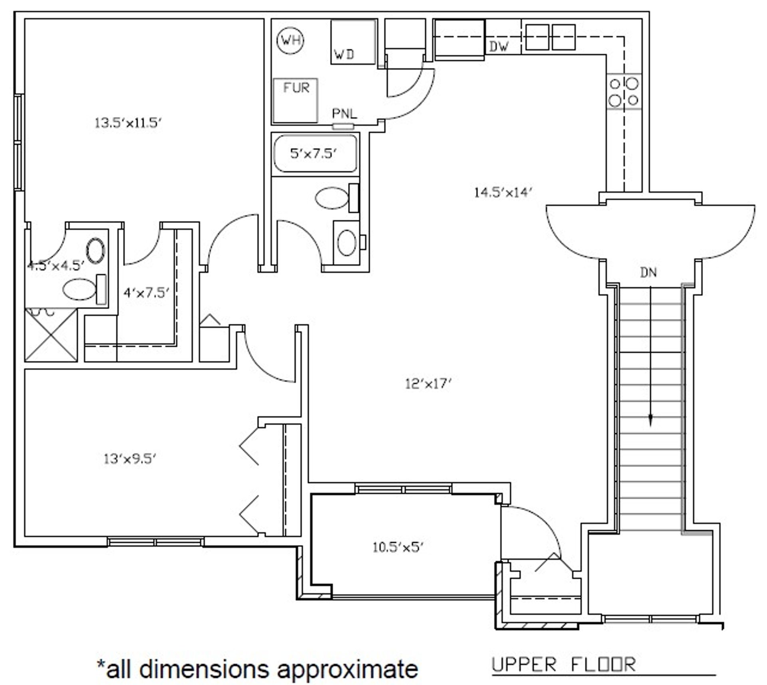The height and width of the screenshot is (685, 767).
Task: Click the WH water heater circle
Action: pyautogui.click(x=290, y=40)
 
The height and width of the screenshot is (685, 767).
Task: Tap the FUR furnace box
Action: pyautogui.click(x=295, y=100)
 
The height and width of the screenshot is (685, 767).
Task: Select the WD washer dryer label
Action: pyautogui.click(x=344, y=54)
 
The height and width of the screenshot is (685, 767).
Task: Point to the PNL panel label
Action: pyautogui.click(x=344, y=114)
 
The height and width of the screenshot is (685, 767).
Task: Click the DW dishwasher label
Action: pyautogui.click(x=499, y=47)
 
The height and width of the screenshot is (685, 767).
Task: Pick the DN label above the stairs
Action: pyautogui.click(x=648, y=273)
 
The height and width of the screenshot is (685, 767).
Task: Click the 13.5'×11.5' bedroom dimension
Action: pyautogui.click(x=128, y=123)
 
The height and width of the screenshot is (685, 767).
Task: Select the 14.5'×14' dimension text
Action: pyautogui.click(x=503, y=193)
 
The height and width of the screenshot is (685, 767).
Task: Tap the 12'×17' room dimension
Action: pyautogui.click(x=428, y=384)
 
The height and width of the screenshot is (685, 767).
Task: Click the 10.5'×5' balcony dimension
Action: pyautogui.click(x=398, y=547)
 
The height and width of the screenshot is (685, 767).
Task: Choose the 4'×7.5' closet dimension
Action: pyautogui.click(x=146, y=293)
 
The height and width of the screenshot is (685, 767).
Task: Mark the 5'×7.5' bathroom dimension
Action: pyautogui.click(x=314, y=153)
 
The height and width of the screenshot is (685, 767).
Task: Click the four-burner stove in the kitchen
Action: pyautogui.click(x=624, y=92)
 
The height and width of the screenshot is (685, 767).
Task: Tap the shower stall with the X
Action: pyautogui.click(x=51, y=335)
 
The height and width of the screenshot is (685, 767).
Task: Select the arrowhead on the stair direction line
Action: pyautogui.click(x=650, y=418)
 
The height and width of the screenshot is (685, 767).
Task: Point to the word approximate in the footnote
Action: pyautogui.click(x=348, y=669)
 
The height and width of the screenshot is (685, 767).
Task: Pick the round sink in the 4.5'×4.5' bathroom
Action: pyautogui.click(x=96, y=251)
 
